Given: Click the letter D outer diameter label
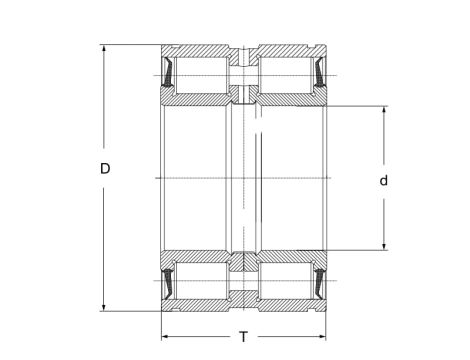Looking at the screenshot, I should pyautogui.click(x=105, y=169).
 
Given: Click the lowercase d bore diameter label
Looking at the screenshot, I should pyautogui.click(x=383, y=180).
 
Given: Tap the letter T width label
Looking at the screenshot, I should pyautogui.click(x=243, y=335).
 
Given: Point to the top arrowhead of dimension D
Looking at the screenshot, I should pyautogui.click(x=105, y=48).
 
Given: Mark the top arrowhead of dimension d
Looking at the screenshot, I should pyautogui.click(x=383, y=108).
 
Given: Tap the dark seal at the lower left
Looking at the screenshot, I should pyautogui.click(x=169, y=282).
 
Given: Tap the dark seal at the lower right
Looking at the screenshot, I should pyautogui.click(x=319, y=282).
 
